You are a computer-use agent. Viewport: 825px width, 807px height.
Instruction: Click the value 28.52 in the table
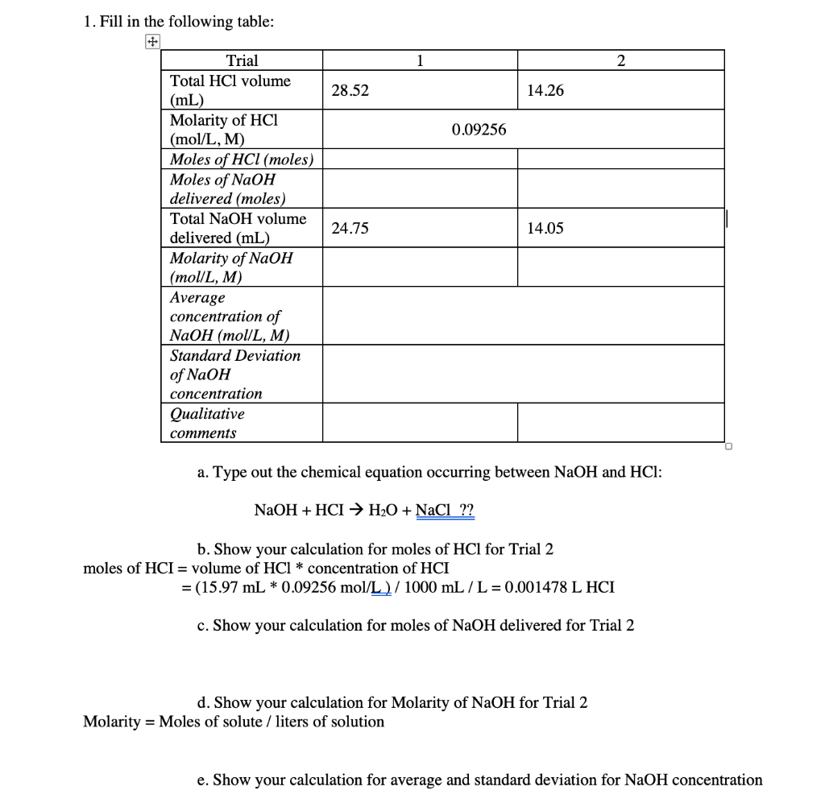pyautogui.click(x=350, y=91)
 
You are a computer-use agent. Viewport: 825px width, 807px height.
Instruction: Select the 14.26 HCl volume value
pyautogui.click(x=545, y=91)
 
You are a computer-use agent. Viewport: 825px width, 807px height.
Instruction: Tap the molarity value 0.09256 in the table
pyautogui.click(x=479, y=130)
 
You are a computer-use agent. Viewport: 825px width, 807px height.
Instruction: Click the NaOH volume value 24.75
pyautogui.click(x=350, y=229)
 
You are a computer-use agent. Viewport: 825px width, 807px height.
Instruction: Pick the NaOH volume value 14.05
pyautogui.click(x=545, y=229)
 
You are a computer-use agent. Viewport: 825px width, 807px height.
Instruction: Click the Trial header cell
pyautogui.click(x=242, y=60)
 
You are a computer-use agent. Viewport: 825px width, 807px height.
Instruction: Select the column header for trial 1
pyautogui.click(x=420, y=60)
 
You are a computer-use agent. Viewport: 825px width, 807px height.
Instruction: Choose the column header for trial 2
pyautogui.click(x=620, y=60)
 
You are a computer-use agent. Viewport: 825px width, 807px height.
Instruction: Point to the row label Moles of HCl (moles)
pyautogui.click(x=242, y=159)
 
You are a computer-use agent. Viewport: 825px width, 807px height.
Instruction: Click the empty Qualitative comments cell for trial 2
pyautogui.click(x=620, y=423)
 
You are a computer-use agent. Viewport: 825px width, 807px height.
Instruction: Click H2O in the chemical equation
pyautogui.click(x=386, y=510)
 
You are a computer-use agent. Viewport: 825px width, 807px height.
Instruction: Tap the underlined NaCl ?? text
pyautogui.click(x=445, y=510)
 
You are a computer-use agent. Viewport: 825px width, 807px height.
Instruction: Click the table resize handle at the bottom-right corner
pyautogui.click(x=728, y=446)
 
